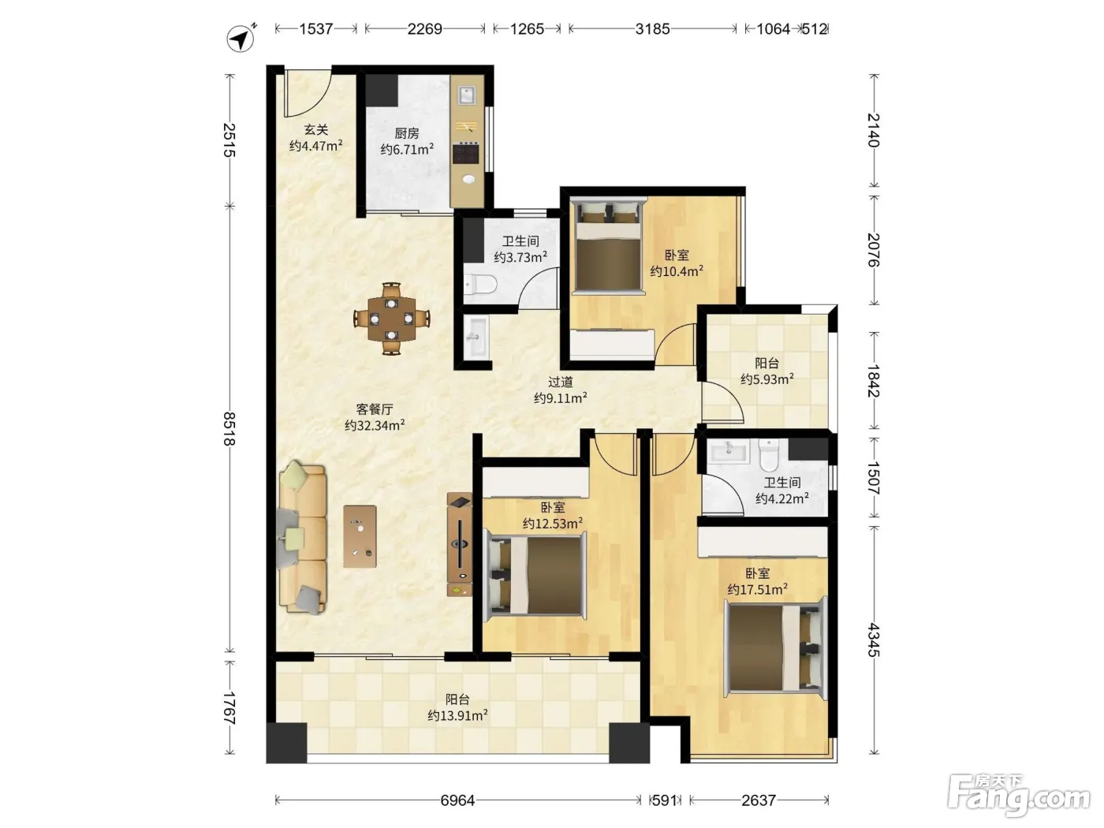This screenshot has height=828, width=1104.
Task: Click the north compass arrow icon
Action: point(241,38)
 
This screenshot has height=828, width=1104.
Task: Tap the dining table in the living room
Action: point(392,319)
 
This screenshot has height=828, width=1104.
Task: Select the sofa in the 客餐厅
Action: point(302,538)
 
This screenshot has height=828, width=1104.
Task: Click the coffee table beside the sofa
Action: point(360,536)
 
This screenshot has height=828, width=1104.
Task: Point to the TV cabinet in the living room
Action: point(459,544)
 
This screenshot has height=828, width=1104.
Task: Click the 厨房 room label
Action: point(406,133)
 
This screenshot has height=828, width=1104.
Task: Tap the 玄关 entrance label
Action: point(316,129)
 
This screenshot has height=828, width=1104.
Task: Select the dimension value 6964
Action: point(457,800)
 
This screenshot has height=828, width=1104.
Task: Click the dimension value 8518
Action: point(229,429)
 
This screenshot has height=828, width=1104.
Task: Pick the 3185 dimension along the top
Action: point(652,29)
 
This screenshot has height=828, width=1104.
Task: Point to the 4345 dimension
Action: point(874,640)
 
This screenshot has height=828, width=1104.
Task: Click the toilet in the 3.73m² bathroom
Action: point(479,285)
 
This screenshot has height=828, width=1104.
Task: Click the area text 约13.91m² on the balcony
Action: point(457,715)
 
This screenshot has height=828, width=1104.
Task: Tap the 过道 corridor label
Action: point(561,382)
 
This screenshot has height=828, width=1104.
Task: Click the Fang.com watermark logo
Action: point(1019,799)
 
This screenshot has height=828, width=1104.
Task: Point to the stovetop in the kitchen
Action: point(466,153)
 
